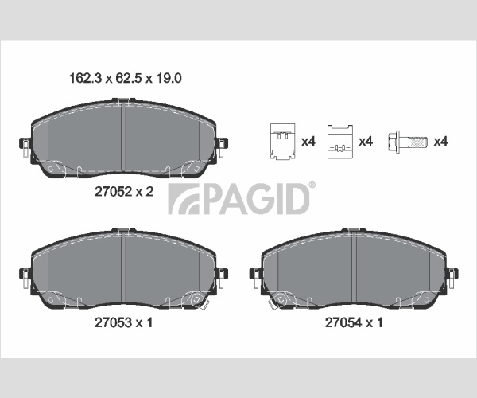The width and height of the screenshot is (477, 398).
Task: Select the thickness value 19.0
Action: pos(169,78)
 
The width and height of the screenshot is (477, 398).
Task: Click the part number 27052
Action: pos(113,192)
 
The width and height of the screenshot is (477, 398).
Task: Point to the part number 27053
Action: pos(113,322)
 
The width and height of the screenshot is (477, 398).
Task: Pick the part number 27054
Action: pos(343,322)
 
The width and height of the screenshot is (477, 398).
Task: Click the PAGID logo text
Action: pos(239,199)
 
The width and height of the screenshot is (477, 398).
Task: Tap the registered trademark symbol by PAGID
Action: pos(312,185)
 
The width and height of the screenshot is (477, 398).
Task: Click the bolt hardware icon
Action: pos(408,142)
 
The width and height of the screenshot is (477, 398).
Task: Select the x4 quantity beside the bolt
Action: pos(440,142)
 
